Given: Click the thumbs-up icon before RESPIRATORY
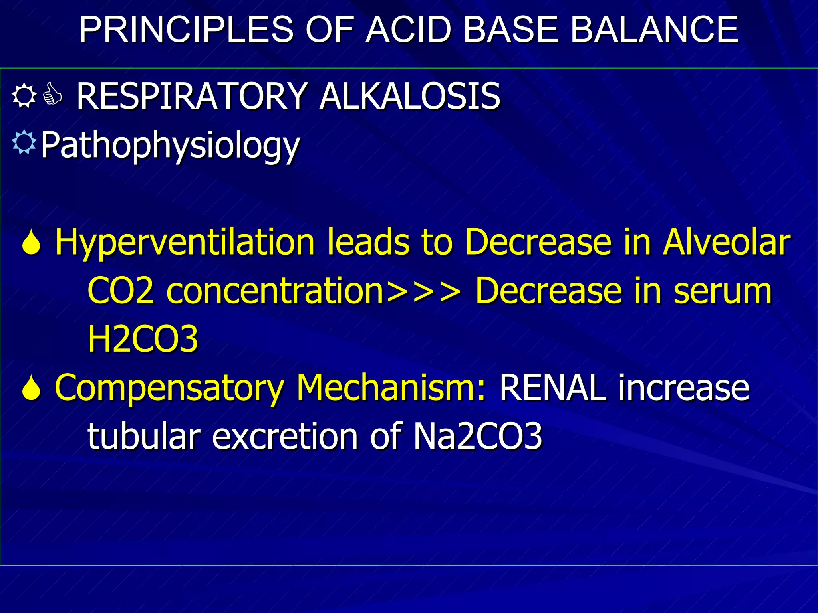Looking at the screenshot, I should click(x=53, y=94).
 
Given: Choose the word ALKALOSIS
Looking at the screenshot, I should click(x=409, y=96).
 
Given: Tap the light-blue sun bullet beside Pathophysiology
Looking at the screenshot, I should click(x=24, y=142).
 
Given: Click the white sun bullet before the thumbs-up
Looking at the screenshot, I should click(x=24, y=95).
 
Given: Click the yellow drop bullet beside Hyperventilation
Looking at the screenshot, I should click(x=32, y=243).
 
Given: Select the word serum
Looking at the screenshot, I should click(x=723, y=292).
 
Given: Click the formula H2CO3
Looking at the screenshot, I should click(x=143, y=339).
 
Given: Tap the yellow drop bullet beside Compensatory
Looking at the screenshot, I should click(x=32, y=388).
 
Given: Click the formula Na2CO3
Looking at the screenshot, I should click(x=478, y=436).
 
